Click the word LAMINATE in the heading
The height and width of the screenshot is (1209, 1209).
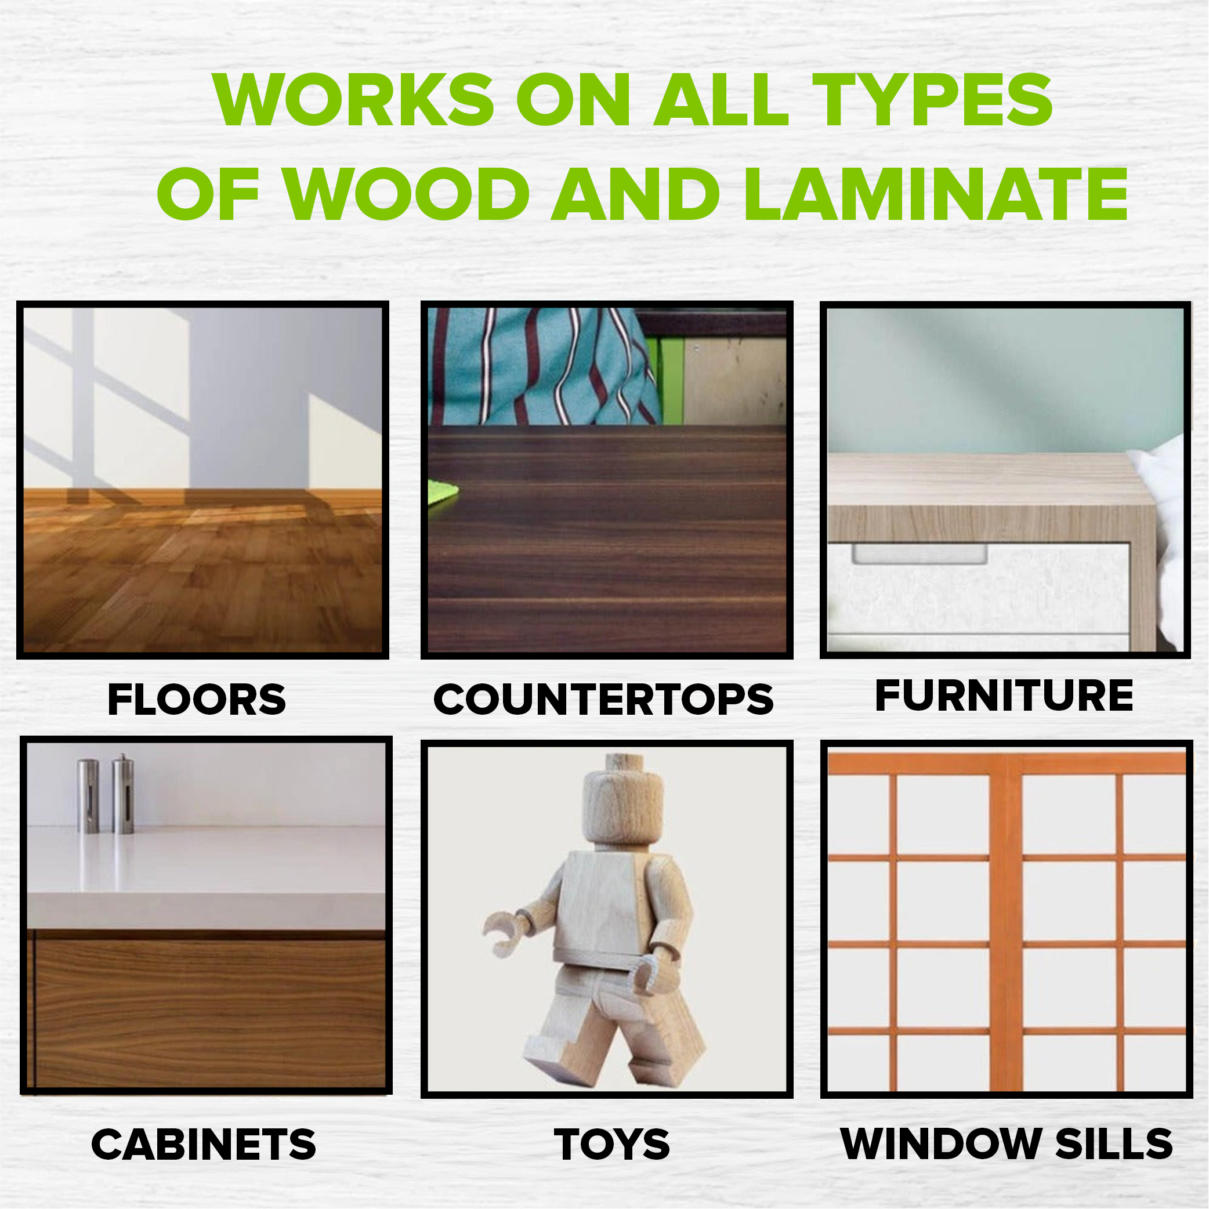pyautogui.click(x=936, y=194)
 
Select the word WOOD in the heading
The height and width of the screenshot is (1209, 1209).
pyautogui.click(x=407, y=194)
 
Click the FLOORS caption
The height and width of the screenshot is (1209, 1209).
pyautogui.click(x=197, y=699)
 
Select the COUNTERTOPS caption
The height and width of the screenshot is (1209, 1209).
pyautogui.click(x=604, y=699)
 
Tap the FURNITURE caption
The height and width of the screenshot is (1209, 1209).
pyautogui.click(x=1004, y=695)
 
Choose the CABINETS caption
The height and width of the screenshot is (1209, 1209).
pyautogui.click(x=204, y=1145)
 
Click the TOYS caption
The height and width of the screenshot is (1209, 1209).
pyautogui.click(x=611, y=1145)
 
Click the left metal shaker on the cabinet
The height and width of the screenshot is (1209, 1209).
pyautogui.click(x=88, y=795)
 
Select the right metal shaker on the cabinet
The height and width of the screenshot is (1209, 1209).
pyautogui.click(x=123, y=794)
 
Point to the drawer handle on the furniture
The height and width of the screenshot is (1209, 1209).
pyautogui.click(x=920, y=555)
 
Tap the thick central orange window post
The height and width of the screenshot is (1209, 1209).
pyautogui.click(x=1005, y=926)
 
